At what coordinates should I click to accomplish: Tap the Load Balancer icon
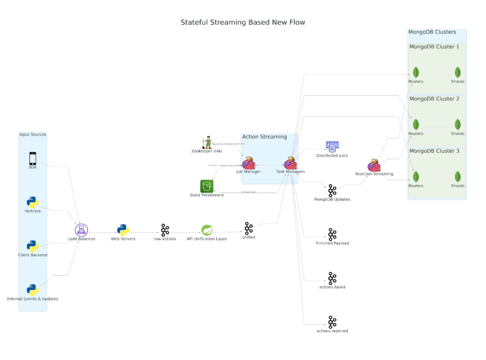point(81,230)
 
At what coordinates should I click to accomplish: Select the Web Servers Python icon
point(123,230)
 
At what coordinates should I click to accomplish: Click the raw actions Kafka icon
point(165,230)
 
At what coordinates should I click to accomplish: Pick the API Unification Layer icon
point(206,230)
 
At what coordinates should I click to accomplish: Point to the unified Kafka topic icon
point(248,228)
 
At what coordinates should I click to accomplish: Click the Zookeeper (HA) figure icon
point(206,142)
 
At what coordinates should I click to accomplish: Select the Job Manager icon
point(248,164)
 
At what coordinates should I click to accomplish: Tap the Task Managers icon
point(290,164)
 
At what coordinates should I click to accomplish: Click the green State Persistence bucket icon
point(206,186)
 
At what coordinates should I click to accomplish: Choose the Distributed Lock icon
point(332,147)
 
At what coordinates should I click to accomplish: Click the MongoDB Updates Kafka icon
point(332,191)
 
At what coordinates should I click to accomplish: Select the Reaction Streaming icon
point(374,166)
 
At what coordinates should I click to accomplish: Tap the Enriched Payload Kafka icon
point(332,234)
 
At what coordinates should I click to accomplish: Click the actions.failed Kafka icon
point(332,278)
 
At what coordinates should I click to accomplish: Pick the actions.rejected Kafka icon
point(332,322)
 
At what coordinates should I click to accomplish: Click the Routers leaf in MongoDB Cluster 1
point(416,73)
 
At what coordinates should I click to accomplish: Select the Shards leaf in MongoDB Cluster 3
point(458,176)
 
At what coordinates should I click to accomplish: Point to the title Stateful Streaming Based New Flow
point(243,22)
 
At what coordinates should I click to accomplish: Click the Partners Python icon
point(32,203)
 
